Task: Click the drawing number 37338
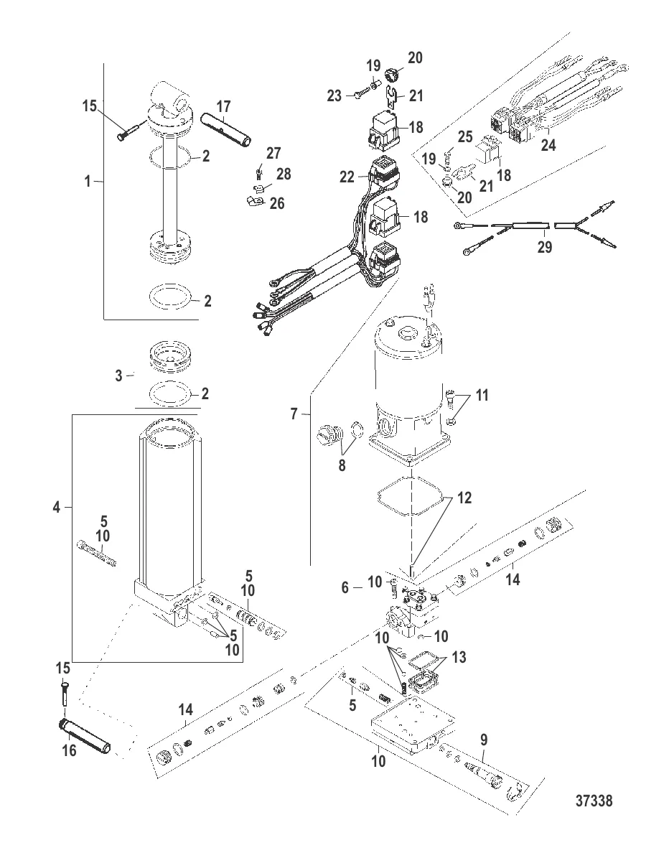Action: (594, 800)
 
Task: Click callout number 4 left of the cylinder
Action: (57, 508)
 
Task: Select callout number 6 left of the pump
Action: (345, 587)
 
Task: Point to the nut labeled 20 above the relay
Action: (392, 74)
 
